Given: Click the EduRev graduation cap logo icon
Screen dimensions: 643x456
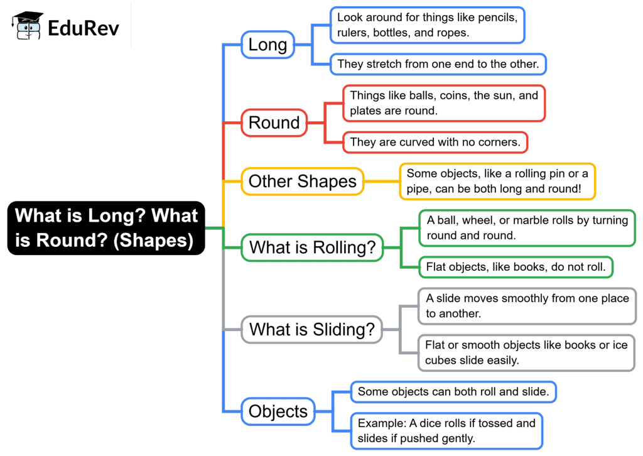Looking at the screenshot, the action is pos(28,25).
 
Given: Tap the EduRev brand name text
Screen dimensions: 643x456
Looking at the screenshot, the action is pos(84,28).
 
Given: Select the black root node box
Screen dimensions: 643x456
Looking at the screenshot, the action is pos(106,228).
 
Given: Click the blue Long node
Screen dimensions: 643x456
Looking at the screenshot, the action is pos(267,45).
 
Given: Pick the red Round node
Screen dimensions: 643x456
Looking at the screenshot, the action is pos(274,122).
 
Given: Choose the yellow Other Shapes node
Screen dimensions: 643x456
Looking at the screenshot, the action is pos(303,182).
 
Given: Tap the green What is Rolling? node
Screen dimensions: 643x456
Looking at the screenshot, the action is pos(313,247).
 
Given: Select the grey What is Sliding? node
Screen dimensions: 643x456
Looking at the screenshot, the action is pos(312,330).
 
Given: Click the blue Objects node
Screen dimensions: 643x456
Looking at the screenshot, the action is pos(278,411).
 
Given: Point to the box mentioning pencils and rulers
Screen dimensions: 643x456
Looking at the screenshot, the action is pos(427,25).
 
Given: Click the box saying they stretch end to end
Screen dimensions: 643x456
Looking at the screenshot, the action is pos(438,64).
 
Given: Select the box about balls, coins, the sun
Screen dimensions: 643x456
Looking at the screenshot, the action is pos(444,104).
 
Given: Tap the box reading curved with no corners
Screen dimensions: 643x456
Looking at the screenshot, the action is pos(435,143).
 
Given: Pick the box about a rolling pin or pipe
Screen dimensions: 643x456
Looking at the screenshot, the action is pos(497,182).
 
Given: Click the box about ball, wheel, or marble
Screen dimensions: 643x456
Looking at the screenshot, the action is pos(527,228).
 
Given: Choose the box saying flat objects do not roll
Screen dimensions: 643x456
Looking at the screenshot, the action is pos(516,268).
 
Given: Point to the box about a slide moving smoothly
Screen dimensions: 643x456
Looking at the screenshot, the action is pos(527,306).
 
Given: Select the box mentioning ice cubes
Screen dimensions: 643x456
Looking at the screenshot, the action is pos(527,353).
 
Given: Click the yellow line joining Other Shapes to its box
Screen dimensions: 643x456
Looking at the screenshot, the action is pos(382,182).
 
